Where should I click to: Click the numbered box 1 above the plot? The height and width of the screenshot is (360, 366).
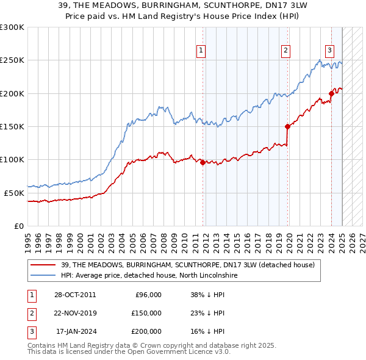[201, 51]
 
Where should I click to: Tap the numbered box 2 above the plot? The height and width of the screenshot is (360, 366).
[285, 51]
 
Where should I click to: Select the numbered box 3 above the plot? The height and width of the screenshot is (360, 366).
[329, 51]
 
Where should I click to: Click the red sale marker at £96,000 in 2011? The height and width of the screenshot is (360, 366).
[203, 162]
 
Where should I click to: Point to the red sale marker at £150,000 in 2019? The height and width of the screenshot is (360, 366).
[287, 126]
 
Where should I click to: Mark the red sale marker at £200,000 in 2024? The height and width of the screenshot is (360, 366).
[331, 93]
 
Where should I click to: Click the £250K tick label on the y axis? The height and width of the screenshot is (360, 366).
[12, 60]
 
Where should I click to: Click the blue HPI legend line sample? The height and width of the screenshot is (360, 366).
[43, 275]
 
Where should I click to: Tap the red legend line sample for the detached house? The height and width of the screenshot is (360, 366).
[43, 265]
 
